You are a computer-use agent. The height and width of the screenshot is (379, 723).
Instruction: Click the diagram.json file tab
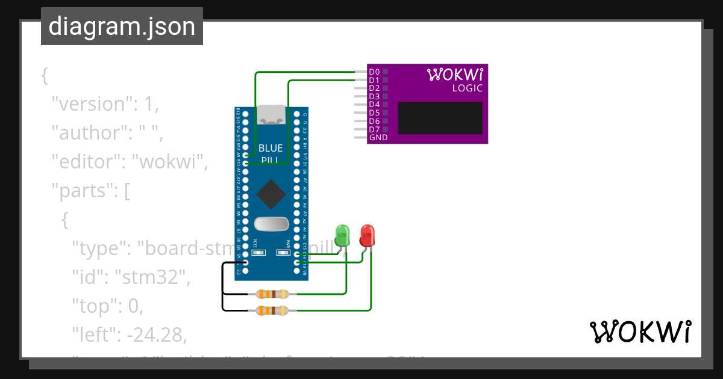click(122, 27)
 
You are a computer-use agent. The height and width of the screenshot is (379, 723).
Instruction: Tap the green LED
click(342, 235)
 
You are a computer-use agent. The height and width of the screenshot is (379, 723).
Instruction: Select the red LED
click(367, 235)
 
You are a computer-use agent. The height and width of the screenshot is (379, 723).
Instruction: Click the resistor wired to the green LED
click(272, 294)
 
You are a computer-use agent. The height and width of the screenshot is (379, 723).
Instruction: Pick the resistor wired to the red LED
click(272, 310)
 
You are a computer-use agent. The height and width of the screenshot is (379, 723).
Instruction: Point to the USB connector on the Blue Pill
click(271, 114)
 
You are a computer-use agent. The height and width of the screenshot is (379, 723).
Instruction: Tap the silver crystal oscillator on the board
click(271, 224)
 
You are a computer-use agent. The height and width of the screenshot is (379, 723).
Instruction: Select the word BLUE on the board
click(271, 148)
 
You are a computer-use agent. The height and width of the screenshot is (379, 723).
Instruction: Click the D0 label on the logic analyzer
click(374, 72)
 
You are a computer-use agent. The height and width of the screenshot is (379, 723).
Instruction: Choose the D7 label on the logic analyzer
click(374, 129)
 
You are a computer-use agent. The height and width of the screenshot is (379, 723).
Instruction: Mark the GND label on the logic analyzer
click(378, 138)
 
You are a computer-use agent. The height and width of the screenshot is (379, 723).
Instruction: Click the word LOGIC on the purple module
click(468, 88)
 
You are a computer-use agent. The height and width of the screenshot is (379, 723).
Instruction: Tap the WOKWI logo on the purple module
click(455, 74)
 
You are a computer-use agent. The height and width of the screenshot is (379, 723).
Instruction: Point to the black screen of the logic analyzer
click(440, 118)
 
